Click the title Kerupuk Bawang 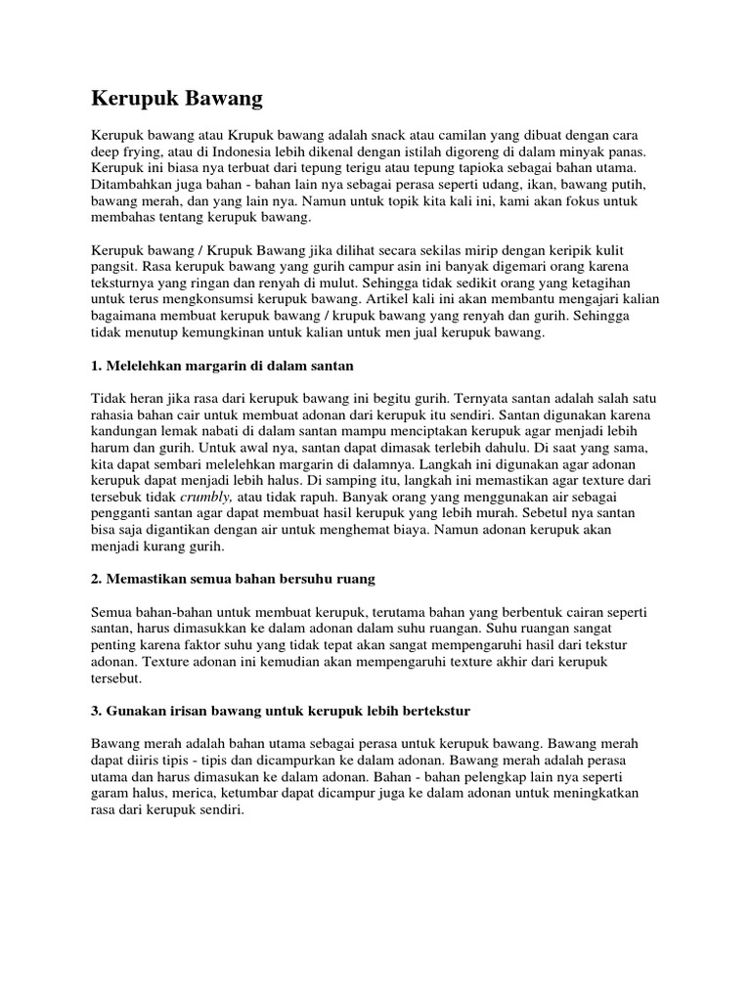(177, 98)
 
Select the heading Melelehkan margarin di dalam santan (222, 365)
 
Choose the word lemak (195, 431)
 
